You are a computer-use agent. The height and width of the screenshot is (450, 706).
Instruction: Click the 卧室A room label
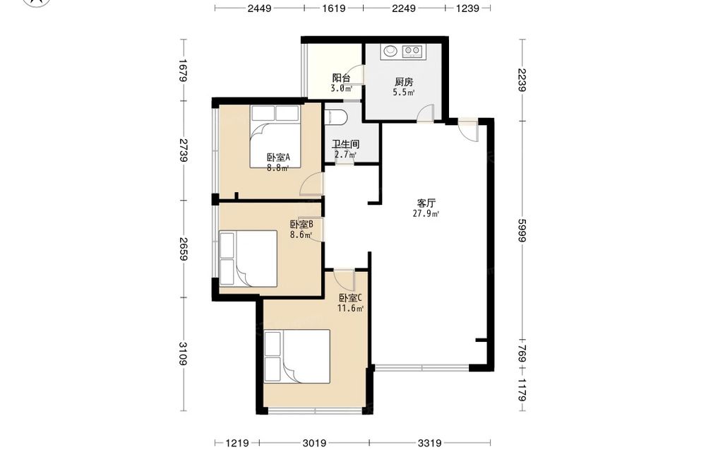pyautogui.click(x=277, y=158)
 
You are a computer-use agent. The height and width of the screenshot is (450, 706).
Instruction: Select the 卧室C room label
pyautogui.click(x=350, y=297)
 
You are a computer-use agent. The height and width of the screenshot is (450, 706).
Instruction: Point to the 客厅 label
pyautogui.click(x=426, y=203)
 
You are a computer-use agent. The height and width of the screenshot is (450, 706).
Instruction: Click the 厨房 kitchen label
pyautogui.click(x=404, y=82)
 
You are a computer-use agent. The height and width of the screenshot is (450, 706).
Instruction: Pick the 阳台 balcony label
pyautogui.click(x=341, y=78)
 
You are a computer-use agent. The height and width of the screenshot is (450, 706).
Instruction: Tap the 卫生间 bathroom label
pyautogui.click(x=345, y=145)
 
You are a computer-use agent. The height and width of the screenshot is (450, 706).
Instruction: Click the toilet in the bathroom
pyautogui.click(x=336, y=117)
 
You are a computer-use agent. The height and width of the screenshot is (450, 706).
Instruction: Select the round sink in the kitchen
pyautogui.click(x=390, y=51)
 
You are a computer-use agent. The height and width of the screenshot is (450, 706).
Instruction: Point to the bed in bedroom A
pyautogui.click(x=275, y=136)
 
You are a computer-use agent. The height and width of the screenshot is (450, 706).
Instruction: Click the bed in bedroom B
pyautogui.click(x=248, y=259)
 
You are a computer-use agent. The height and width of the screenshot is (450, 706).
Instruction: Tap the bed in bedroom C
pyautogui.click(x=297, y=356)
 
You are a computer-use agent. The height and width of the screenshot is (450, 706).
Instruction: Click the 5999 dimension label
pyautogui.click(x=522, y=230)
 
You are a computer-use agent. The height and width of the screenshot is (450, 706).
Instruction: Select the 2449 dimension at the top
pyautogui.click(x=259, y=8)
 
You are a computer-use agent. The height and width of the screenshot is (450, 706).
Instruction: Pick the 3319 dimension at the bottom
pyautogui.click(x=429, y=443)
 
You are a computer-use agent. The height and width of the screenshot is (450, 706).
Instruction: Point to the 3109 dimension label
pyautogui.click(x=184, y=354)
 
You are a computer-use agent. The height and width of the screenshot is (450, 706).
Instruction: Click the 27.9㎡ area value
pyautogui.click(x=426, y=213)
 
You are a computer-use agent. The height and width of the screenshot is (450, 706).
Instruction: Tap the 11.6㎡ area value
pyautogui.click(x=350, y=309)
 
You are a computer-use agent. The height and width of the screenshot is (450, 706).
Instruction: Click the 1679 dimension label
pyautogui.click(x=184, y=70)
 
